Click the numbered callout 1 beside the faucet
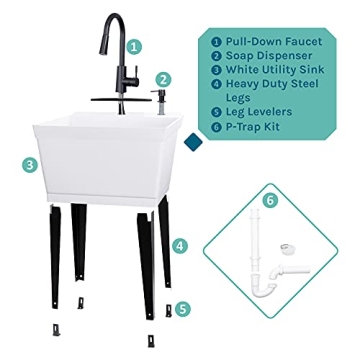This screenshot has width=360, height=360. tap(135, 45)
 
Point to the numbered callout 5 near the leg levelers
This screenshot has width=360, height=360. tap(180, 309)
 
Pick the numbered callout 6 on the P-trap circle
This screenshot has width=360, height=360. tap(267, 200)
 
